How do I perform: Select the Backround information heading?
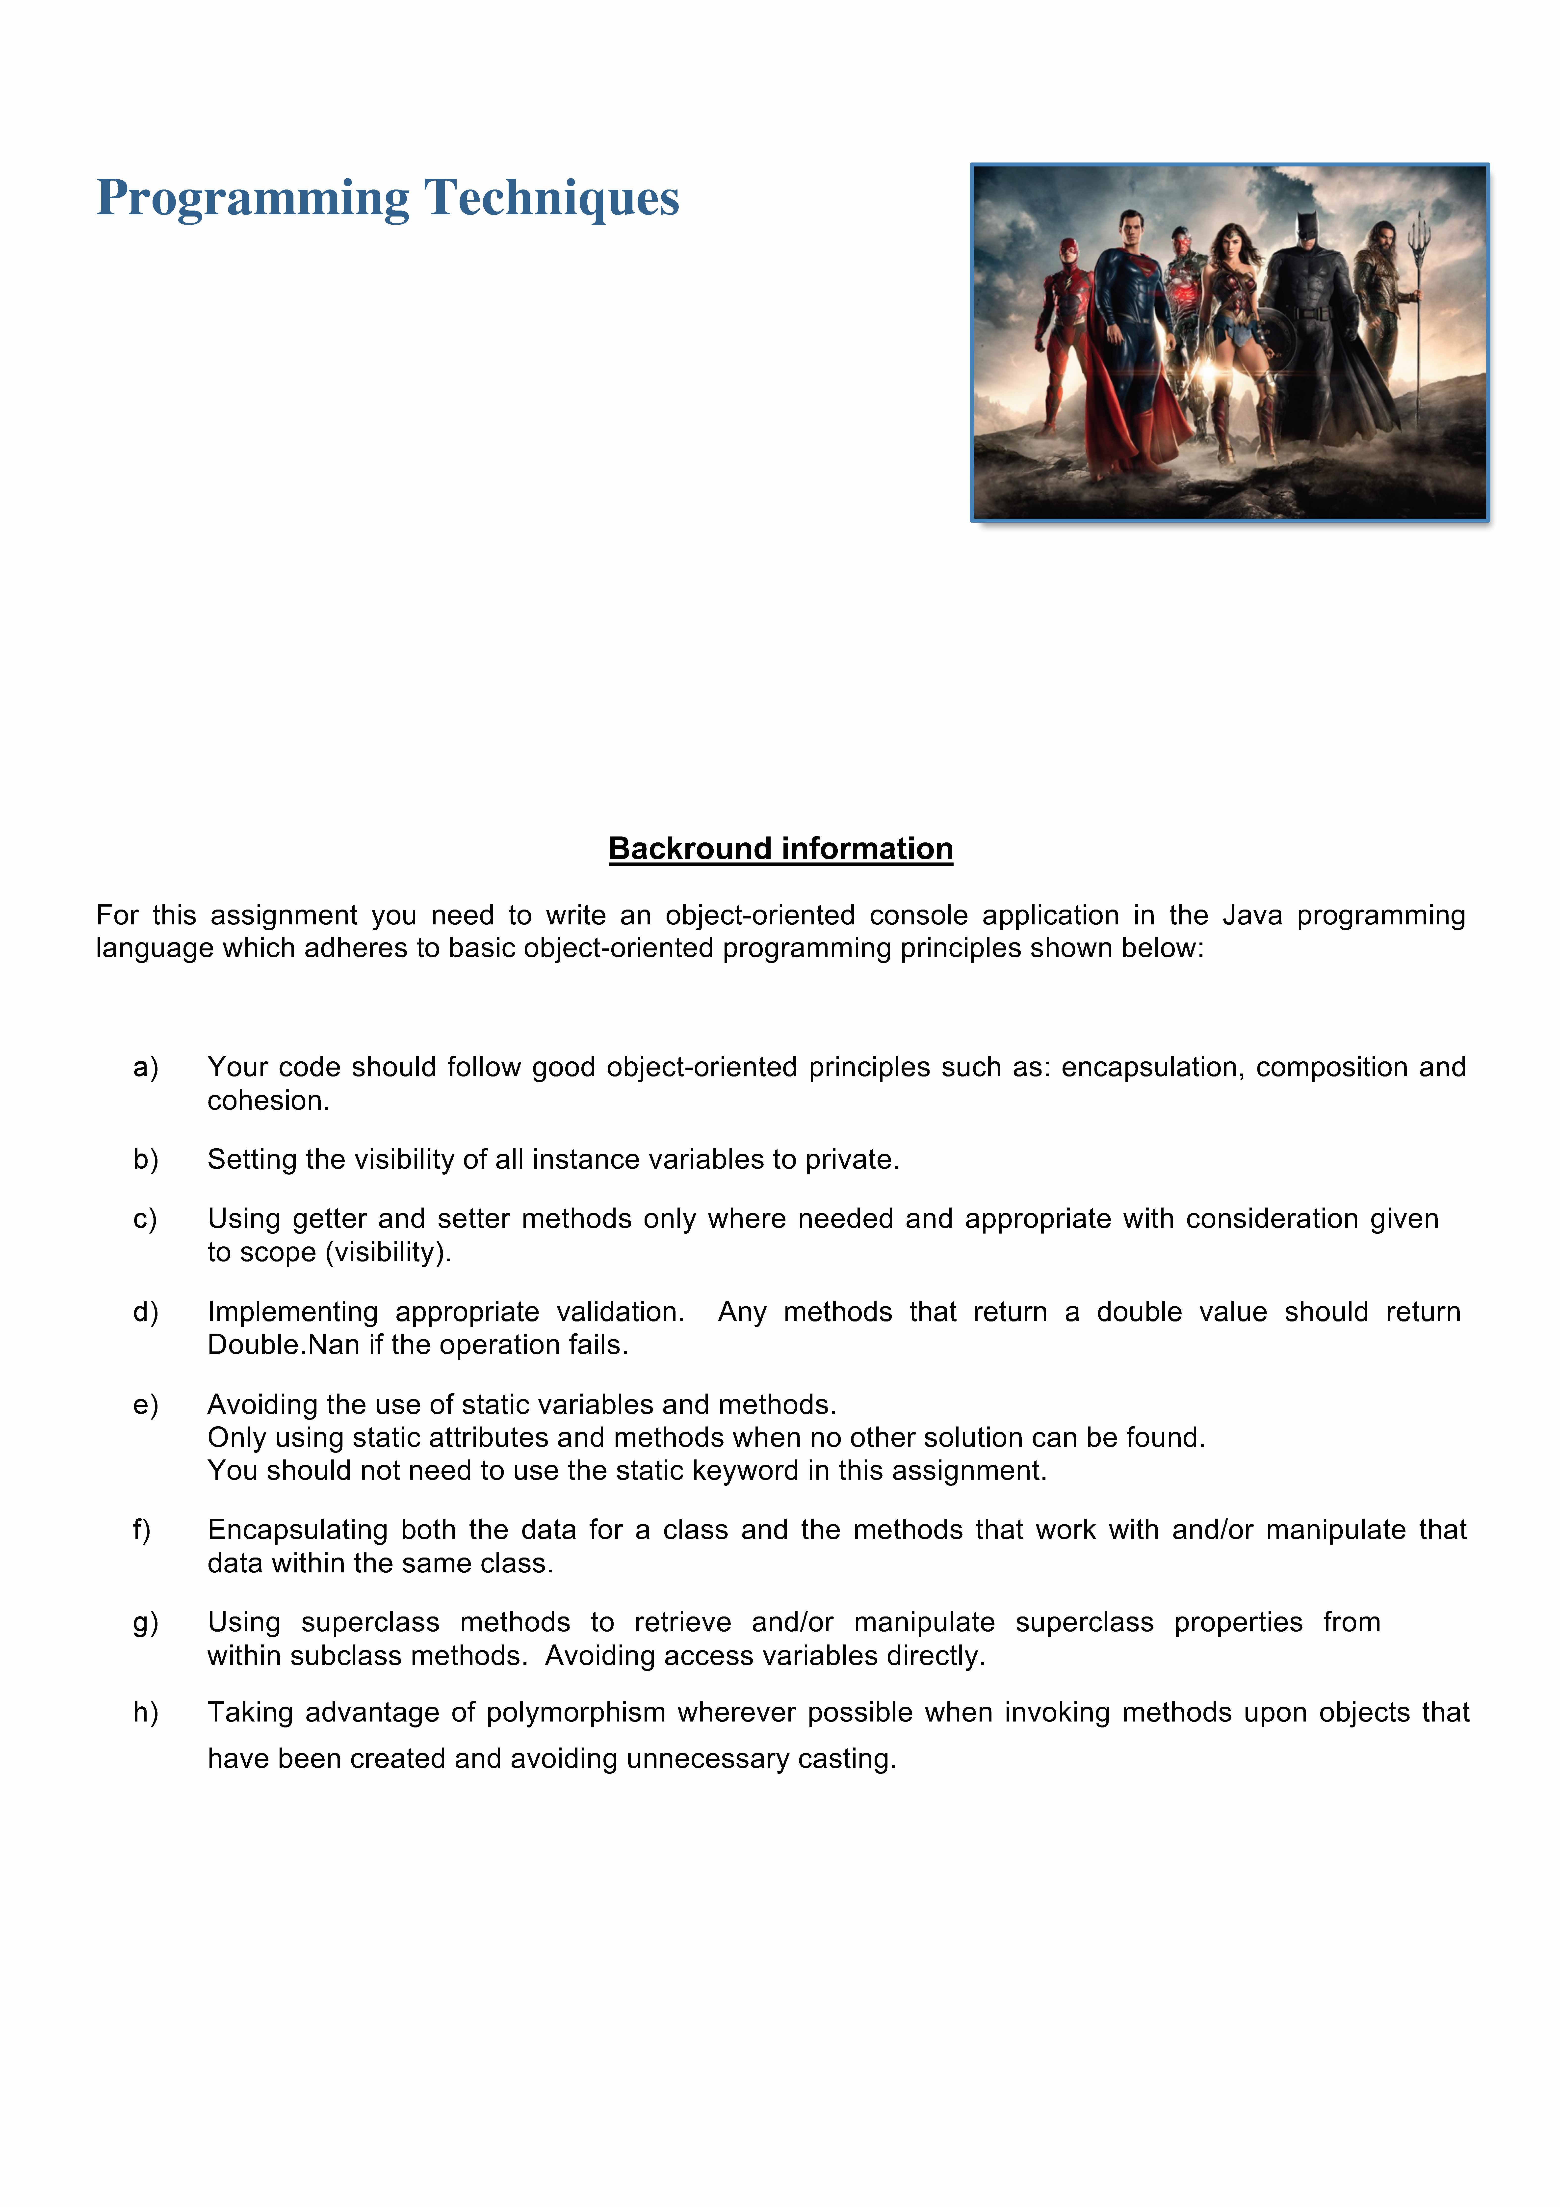(x=780, y=849)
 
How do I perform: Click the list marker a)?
(x=145, y=1067)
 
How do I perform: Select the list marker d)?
(x=145, y=1312)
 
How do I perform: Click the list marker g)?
(x=145, y=1623)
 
